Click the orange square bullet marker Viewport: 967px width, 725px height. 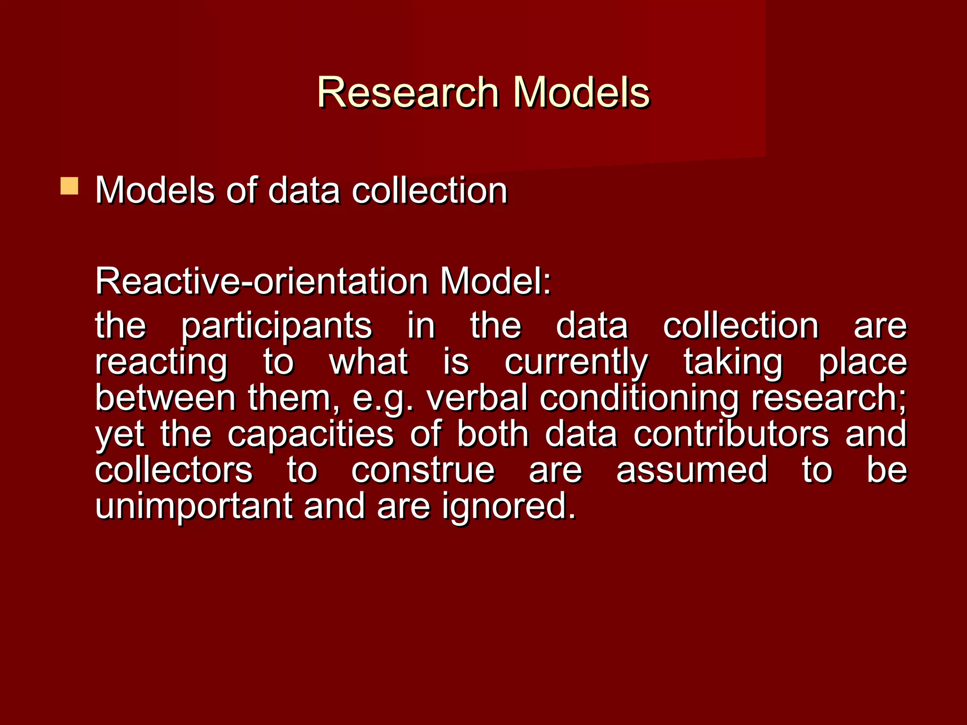pos(69,186)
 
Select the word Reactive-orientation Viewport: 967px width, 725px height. pos(261,281)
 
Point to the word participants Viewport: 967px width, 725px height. pos(277,327)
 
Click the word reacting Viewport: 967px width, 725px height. pos(161,362)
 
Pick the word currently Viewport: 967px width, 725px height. pos(576,362)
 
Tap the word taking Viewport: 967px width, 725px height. pos(733,362)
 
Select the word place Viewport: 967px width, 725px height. pos(863,362)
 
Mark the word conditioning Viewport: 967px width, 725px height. pos(639,399)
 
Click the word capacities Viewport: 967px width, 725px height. pos(310,434)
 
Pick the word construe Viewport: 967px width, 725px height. pos(423,471)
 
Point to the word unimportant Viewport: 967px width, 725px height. pos(194,506)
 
